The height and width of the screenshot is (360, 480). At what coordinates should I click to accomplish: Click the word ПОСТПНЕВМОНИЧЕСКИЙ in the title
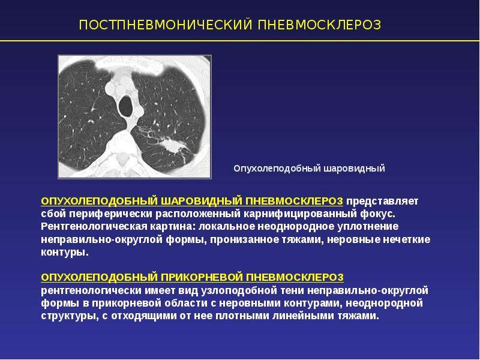point(166,25)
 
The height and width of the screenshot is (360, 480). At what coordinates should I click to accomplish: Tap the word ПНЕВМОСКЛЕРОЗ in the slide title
point(319,25)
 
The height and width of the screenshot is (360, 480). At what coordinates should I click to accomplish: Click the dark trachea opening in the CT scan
point(125,106)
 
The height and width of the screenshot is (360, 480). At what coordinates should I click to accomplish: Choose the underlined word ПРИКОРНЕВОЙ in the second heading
point(202,277)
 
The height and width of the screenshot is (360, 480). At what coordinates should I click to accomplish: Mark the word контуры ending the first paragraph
point(65,252)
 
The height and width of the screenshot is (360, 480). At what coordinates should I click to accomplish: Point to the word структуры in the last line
point(68,316)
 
